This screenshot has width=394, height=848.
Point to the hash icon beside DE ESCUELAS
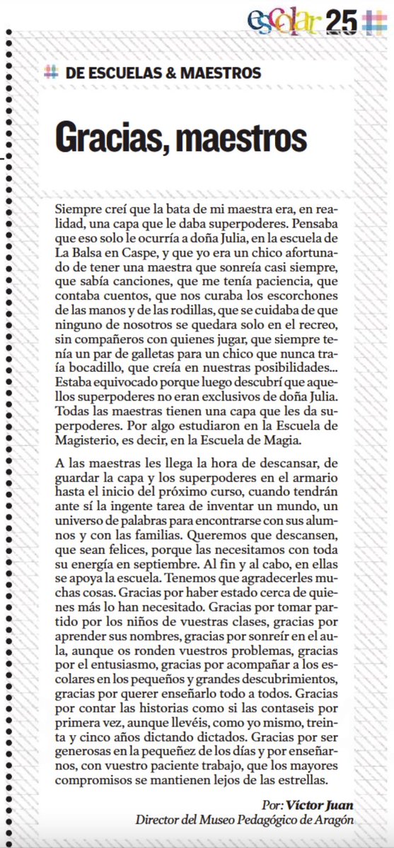pos(50,72)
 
